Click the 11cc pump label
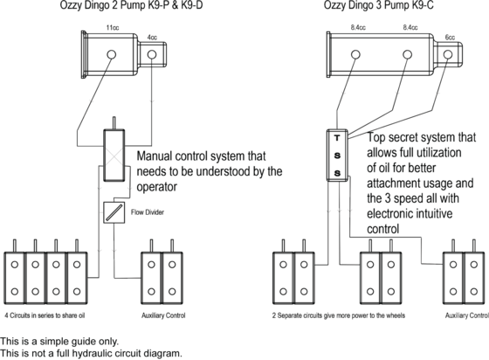pyautogui.click(x=113, y=28)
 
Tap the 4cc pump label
pyautogui.click(x=152, y=38)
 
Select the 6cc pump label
pyautogui.click(x=450, y=38)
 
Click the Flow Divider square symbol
pyautogui.click(x=114, y=212)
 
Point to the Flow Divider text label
pyautogui.click(x=148, y=212)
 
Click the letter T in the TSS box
pyautogui.click(x=337, y=137)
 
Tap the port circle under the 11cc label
pyautogui.click(x=112, y=54)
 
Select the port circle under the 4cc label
pyautogui.click(x=152, y=54)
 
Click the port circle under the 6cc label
pyautogui.click(x=448, y=54)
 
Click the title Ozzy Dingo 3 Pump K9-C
pyautogui.click(x=379, y=5)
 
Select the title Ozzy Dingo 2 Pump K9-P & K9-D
pyautogui.click(x=131, y=5)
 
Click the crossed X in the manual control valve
pyautogui.click(x=114, y=156)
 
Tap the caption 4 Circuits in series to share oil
pyautogui.click(x=45, y=315)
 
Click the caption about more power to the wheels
pyautogui.click(x=339, y=315)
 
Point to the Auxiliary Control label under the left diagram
pyautogui.click(x=163, y=315)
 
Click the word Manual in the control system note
pyautogui.click(x=154, y=156)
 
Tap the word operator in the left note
pyautogui.click(x=157, y=187)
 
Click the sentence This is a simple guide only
pyautogui.click(x=59, y=342)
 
